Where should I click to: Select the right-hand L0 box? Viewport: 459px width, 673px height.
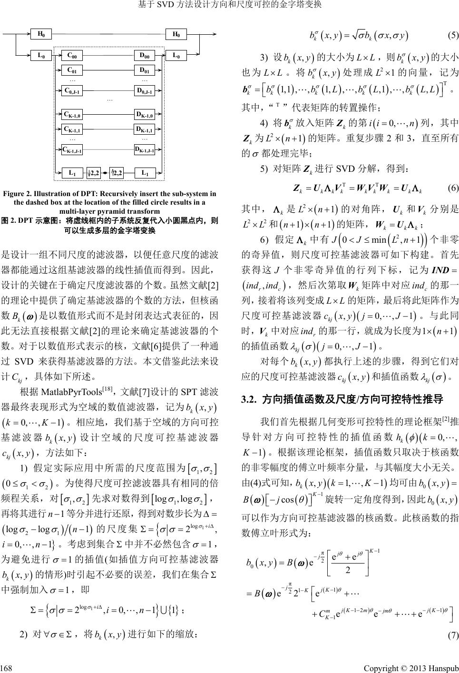tap(176, 56)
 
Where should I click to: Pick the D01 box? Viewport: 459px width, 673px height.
tap(144, 70)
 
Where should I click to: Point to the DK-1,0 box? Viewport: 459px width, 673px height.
tap(144, 114)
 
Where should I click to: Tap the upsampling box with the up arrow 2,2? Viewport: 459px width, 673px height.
tap(117, 173)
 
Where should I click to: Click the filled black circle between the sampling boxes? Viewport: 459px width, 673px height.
tap(105, 173)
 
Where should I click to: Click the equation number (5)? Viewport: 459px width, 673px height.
tap(453, 35)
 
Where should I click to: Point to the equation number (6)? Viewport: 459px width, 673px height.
tap(453, 188)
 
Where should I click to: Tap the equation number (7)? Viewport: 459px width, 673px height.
tap(453, 634)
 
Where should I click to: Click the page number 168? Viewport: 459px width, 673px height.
tap(7, 665)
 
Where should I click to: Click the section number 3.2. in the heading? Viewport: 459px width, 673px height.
tap(250, 398)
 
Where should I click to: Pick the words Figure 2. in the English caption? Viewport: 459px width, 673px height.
tap(18, 194)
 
